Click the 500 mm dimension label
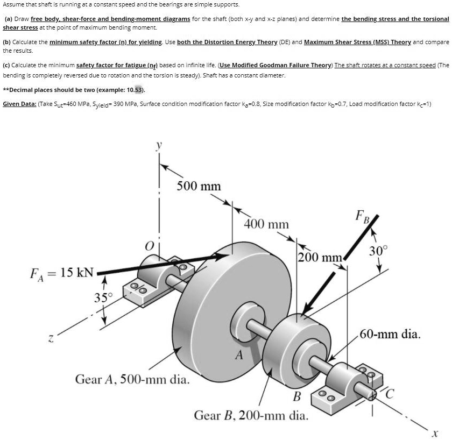point(199,186)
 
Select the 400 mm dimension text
point(266,223)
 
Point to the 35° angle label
point(104,297)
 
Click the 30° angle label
point(378,250)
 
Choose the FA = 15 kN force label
point(62,272)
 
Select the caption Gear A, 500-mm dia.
point(132,380)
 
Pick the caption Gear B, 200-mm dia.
point(251,415)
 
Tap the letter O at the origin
point(148,247)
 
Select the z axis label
point(51,339)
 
